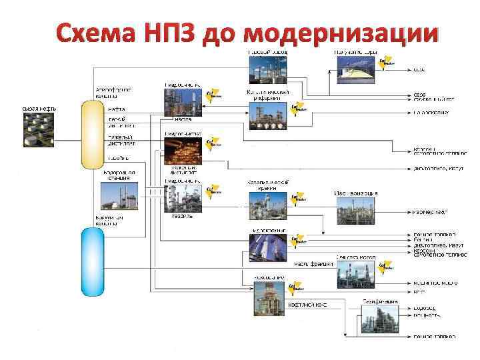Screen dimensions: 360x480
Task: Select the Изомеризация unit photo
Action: (355, 212)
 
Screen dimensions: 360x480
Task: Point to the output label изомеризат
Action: (429, 211)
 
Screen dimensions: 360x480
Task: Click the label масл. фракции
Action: (313, 262)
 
